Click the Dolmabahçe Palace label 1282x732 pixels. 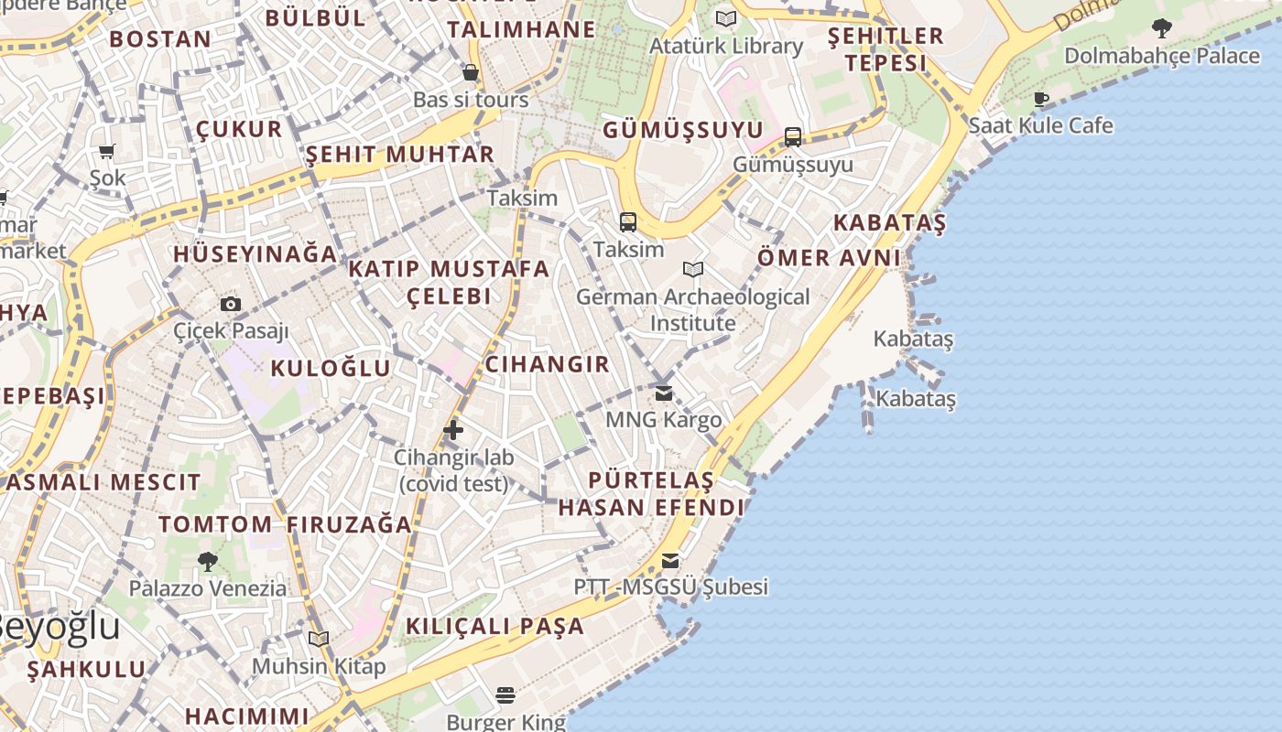(x=1161, y=56)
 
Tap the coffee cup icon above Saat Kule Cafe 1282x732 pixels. (x=1041, y=99)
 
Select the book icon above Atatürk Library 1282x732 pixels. (x=726, y=18)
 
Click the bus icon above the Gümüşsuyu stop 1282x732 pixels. (x=793, y=137)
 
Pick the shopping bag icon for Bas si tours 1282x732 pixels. (x=471, y=72)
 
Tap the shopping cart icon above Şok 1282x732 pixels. (x=107, y=151)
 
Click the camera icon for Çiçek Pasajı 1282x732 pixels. (x=231, y=304)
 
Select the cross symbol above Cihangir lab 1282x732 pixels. (x=453, y=430)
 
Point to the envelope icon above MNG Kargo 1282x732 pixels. (x=664, y=393)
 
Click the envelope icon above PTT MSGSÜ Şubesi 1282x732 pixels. (x=671, y=560)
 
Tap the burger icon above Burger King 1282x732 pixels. (x=505, y=695)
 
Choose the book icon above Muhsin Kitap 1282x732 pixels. (x=319, y=639)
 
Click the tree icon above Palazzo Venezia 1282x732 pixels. (x=208, y=561)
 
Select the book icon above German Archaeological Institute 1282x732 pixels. (x=693, y=270)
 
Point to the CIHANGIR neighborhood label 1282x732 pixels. (x=547, y=364)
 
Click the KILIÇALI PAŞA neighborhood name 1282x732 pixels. (x=494, y=627)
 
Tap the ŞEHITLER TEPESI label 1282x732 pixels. (x=885, y=49)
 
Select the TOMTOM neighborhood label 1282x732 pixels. (x=215, y=524)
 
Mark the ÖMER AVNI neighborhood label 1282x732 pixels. (x=829, y=258)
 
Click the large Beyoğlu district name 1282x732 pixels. (x=57, y=628)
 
